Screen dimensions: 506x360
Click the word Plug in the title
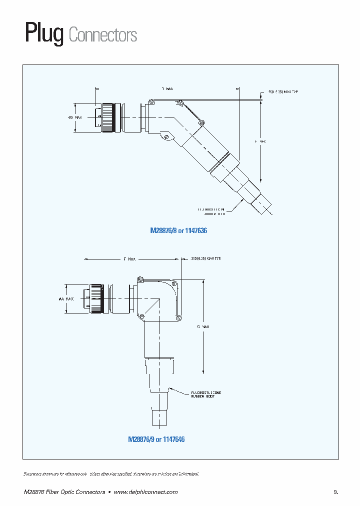[44, 34]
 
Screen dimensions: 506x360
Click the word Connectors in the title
[102, 35]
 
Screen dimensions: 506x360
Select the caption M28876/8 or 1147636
[178, 231]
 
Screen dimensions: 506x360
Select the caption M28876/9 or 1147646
[156, 439]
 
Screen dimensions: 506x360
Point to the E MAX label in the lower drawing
[129, 259]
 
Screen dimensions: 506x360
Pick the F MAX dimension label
[260, 141]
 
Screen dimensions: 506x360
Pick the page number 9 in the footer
[335, 492]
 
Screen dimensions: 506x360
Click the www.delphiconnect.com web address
[145, 492]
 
